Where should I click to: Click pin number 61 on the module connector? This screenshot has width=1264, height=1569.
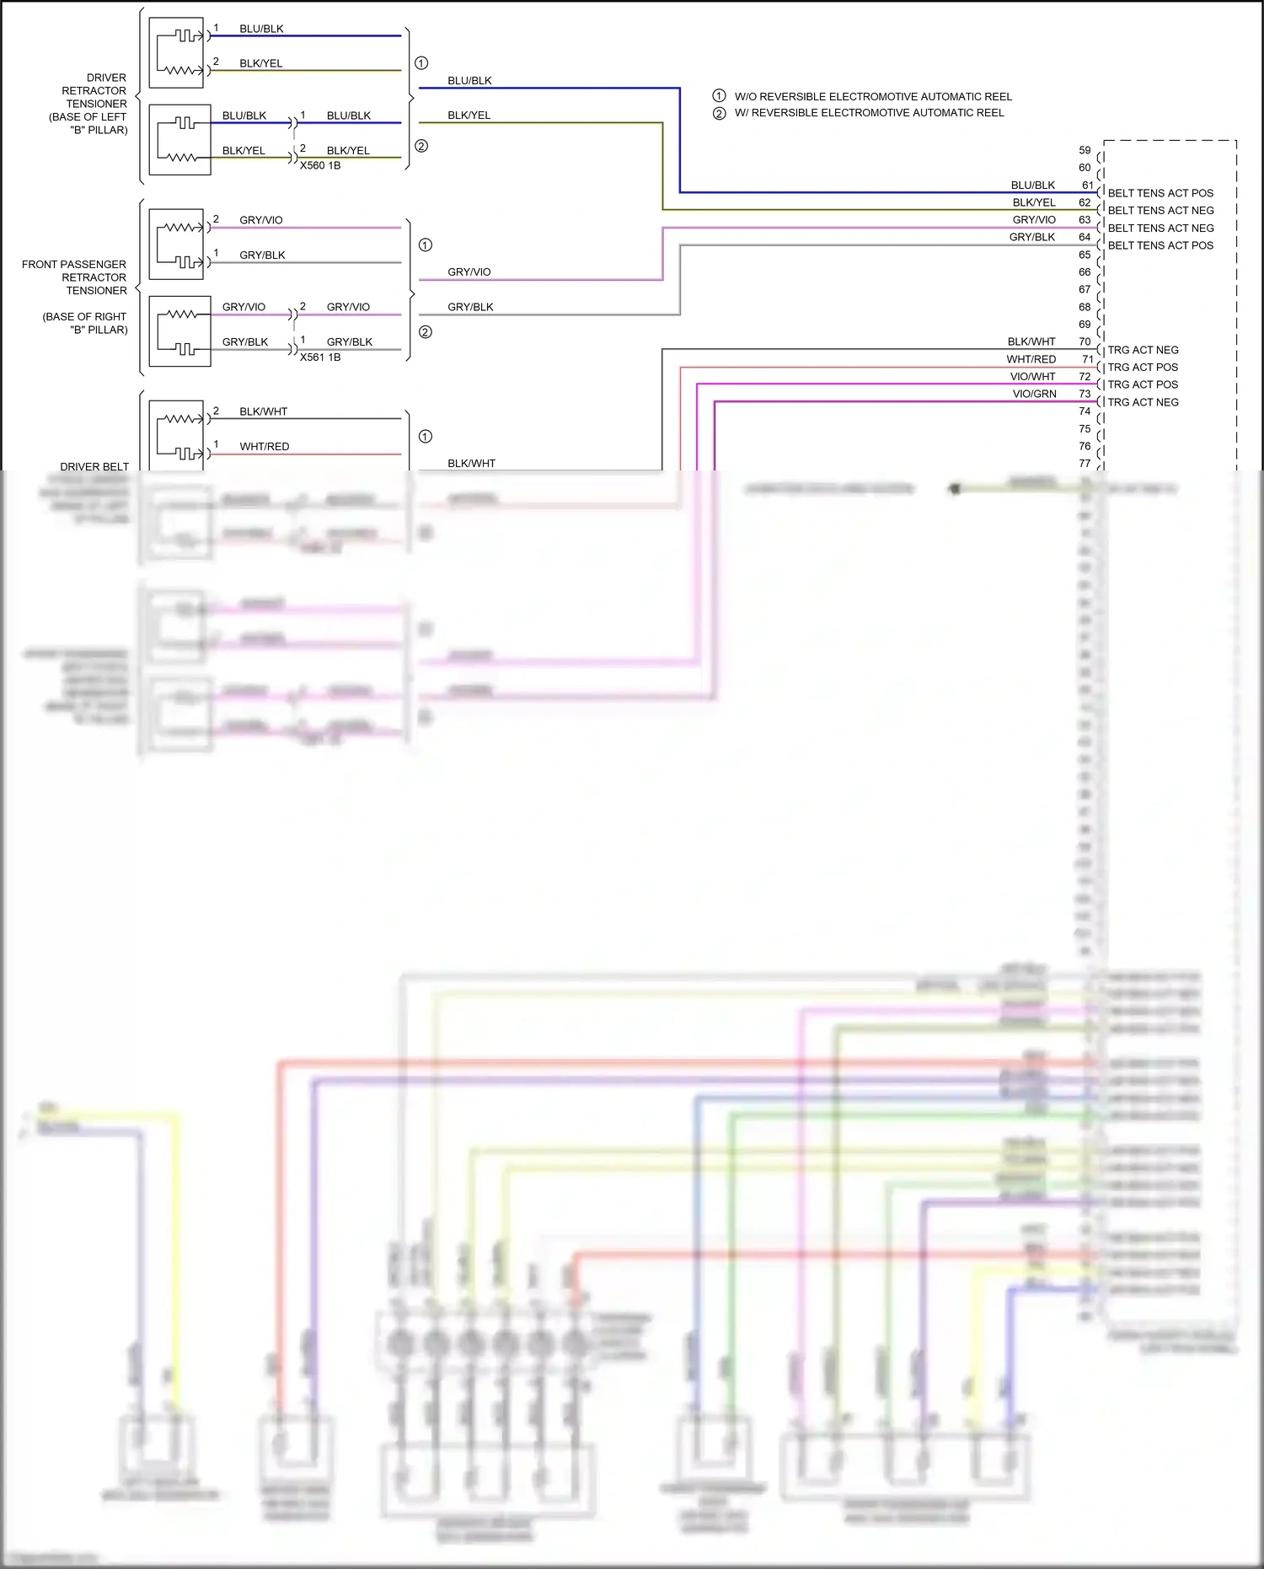1087,185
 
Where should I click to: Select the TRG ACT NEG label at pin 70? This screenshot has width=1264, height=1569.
1143,350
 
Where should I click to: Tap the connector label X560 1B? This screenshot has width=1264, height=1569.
320,166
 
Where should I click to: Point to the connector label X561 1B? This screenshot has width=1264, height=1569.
320,357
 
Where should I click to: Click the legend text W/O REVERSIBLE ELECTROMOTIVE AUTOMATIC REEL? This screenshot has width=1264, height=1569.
873,97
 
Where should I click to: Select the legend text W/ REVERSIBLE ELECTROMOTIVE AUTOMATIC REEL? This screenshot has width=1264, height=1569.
869,113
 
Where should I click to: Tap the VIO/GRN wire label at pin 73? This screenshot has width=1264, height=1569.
1034,394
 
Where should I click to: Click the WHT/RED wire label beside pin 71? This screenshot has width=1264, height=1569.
1031,359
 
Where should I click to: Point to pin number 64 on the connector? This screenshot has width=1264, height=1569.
1085,237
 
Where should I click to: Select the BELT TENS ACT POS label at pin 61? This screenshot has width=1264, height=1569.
1160,193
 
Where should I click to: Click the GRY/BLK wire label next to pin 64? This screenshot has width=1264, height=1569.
1031,237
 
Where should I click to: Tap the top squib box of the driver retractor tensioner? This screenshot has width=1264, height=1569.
176,53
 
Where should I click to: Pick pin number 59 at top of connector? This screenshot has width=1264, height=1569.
1085,150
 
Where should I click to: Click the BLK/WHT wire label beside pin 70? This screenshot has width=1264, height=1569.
1031,341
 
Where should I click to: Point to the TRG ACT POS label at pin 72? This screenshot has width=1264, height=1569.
1143,384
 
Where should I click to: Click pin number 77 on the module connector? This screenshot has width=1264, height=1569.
1085,463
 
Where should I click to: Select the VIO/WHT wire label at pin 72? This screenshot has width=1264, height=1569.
1032,377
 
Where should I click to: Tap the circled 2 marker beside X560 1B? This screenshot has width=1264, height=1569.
421,146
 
